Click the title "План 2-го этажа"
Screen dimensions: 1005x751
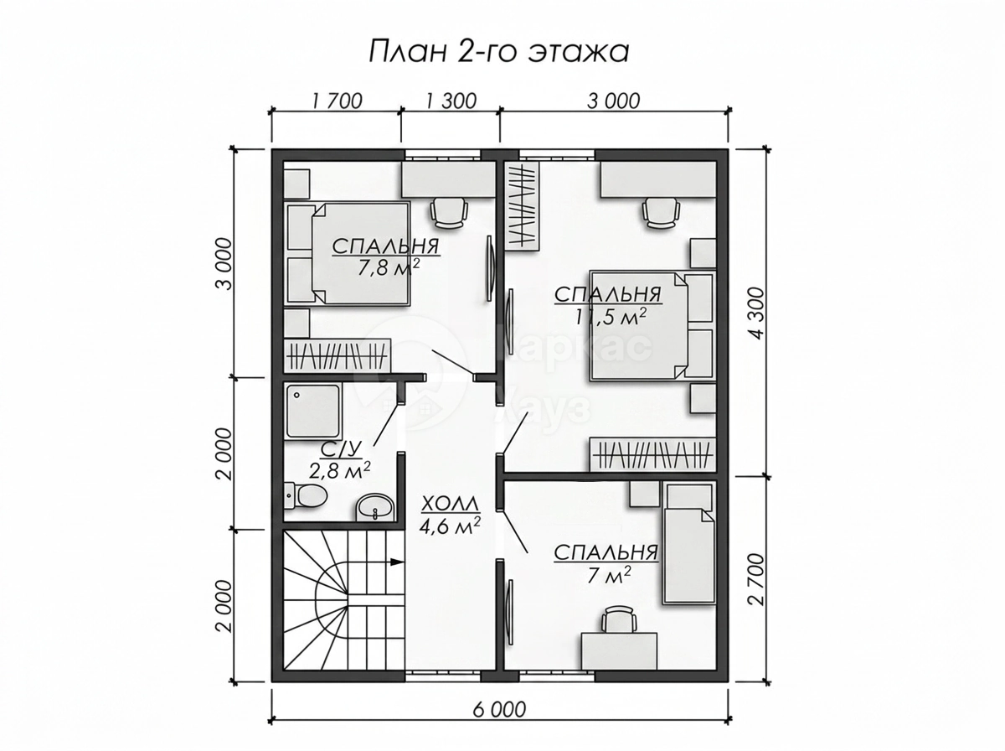point(498,52)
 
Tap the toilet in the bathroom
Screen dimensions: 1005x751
point(306,495)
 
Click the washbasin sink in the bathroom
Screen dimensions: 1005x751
point(375,508)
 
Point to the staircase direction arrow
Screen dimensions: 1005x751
point(396,562)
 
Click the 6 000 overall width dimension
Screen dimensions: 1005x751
point(499,710)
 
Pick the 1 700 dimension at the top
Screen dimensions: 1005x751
point(337,101)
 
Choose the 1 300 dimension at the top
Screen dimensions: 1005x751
point(451,101)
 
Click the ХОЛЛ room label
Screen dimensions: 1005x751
point(450,505)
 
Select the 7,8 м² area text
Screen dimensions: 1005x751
point(389,268)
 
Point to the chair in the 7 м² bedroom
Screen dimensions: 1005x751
point(619,619)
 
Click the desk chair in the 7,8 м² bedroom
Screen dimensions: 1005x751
point(450,212)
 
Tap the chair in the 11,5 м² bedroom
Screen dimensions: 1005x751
point(661,212)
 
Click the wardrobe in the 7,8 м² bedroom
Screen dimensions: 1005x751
point(337,356)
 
